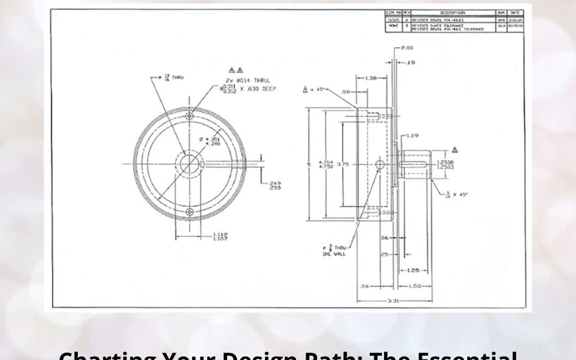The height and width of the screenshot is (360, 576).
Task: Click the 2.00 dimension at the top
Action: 407,48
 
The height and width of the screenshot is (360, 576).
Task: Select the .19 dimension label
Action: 410,62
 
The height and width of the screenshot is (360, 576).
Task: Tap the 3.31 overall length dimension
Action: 394,301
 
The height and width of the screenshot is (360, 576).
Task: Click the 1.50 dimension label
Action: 414,286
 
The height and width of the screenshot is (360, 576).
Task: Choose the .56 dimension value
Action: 364,286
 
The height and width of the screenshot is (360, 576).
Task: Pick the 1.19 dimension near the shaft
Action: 413,135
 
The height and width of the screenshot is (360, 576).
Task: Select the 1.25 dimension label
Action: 413,270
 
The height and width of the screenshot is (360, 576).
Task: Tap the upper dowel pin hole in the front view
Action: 188,116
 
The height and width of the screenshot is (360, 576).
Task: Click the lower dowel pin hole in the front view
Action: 189,212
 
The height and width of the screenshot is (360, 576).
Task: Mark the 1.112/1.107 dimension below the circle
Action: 220,237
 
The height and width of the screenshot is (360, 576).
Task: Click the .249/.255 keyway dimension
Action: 275,186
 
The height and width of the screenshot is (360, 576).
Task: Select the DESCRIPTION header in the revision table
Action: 453,13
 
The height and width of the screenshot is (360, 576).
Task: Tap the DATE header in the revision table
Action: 516,13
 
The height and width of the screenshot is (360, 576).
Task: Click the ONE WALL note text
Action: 334,254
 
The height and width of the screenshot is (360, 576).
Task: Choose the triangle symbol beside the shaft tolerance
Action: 454,150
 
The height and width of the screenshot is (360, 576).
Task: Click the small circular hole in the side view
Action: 380,165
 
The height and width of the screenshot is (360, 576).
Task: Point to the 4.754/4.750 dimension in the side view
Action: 325,165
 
